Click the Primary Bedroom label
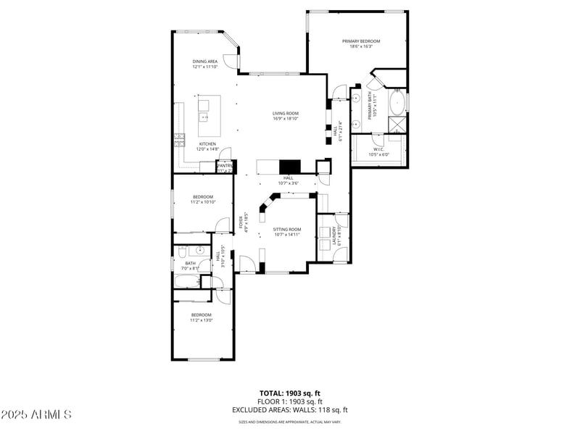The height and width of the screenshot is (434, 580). (357, 41)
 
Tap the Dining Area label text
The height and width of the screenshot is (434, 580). (204, 62)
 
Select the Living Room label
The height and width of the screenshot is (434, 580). (286, 114)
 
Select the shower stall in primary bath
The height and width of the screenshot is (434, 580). (397, 124)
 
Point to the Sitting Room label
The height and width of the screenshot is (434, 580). (286, 230)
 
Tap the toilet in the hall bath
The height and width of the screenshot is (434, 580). (183, 251)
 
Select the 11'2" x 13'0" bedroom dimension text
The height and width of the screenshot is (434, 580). (202, 320)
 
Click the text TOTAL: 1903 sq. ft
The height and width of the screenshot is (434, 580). (289, 393)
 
